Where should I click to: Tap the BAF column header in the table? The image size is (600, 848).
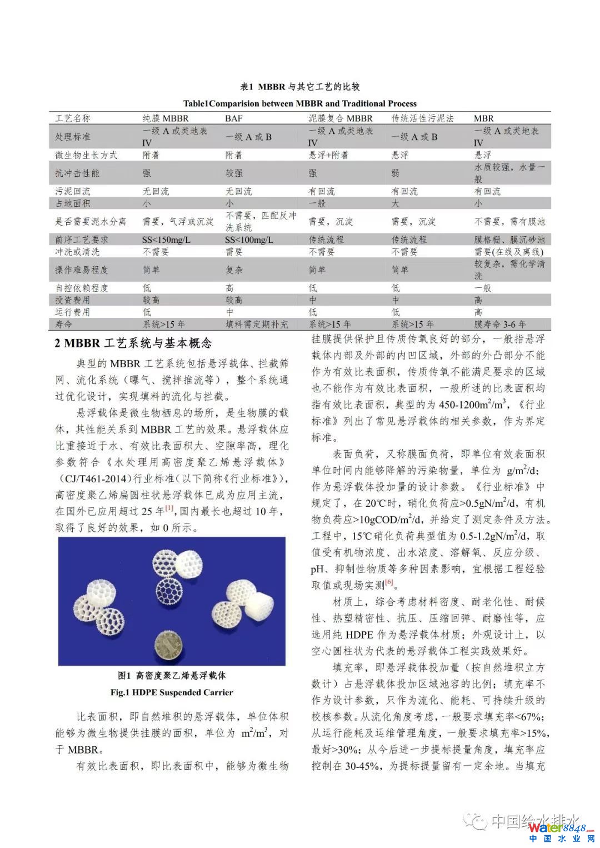234,118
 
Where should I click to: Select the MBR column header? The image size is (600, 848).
483,118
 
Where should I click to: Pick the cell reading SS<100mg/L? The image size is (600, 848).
249,240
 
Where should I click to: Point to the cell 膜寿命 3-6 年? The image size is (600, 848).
500,324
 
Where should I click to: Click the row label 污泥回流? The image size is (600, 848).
72,191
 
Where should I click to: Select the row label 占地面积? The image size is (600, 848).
72,203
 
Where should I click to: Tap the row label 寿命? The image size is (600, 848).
63,324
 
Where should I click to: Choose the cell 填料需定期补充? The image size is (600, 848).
257,324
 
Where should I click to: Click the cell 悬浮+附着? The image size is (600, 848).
328,155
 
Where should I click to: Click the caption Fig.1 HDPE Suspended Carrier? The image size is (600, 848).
172,692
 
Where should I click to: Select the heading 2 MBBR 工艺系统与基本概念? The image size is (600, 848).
133,343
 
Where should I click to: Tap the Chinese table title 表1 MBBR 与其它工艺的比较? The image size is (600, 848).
299,87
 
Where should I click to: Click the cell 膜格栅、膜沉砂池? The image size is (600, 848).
509,240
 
